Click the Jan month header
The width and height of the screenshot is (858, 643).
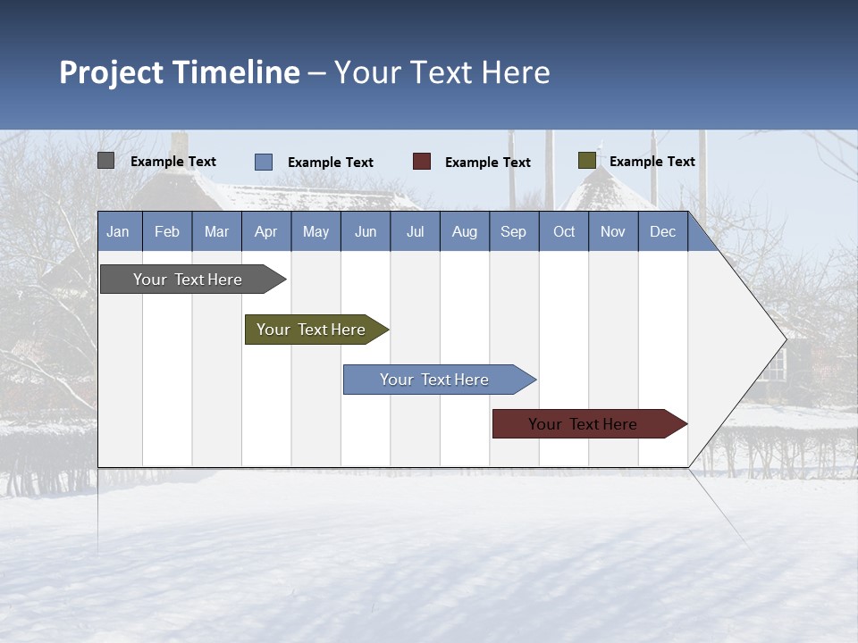(119, 231)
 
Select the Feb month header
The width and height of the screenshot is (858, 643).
(167, 231)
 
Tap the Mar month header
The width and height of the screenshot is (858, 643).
(216, 231)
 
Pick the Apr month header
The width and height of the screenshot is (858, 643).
(266, 231)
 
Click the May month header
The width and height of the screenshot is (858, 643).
(315, 231)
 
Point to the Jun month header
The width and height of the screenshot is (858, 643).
(366, 231)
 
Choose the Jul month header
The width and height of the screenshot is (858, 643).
(415, 231)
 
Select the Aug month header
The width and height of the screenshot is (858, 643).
(465, 231)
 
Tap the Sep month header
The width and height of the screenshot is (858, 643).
(514, 231)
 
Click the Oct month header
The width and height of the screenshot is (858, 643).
(564, 231)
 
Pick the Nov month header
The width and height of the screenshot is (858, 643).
(613, 231)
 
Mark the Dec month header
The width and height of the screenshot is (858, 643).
(663, 231)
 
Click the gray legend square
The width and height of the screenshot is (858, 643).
(106, 161)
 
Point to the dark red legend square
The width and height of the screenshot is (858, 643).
(422, 162)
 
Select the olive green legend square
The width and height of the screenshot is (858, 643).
(587, 161)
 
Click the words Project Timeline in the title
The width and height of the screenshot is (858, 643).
(180, 72)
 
